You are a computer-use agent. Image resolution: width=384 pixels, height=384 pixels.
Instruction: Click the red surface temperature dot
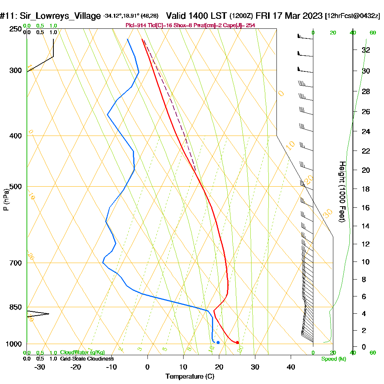(237, 342)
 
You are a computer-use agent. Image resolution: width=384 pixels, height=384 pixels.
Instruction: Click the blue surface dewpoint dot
(218, 342)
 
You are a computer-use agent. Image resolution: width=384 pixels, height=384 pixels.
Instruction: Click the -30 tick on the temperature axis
(40, 367)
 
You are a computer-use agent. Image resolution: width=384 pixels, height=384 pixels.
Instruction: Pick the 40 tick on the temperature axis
(291, 367)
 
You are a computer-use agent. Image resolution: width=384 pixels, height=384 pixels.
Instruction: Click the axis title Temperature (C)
(190, 377)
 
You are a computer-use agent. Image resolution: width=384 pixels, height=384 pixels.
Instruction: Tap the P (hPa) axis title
(6, 200)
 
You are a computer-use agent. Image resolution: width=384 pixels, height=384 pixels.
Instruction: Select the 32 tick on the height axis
(366, 50)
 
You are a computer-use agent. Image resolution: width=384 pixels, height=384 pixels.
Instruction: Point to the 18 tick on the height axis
(366, 189)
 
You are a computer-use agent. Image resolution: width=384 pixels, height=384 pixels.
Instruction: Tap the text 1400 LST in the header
(208, 16)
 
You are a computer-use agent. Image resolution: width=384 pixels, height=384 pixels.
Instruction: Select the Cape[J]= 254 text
(242, 25)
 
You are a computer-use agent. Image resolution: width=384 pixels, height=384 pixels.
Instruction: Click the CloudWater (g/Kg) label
(82, 353)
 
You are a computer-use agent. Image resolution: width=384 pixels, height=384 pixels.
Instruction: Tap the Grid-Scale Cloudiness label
(86, 359)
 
